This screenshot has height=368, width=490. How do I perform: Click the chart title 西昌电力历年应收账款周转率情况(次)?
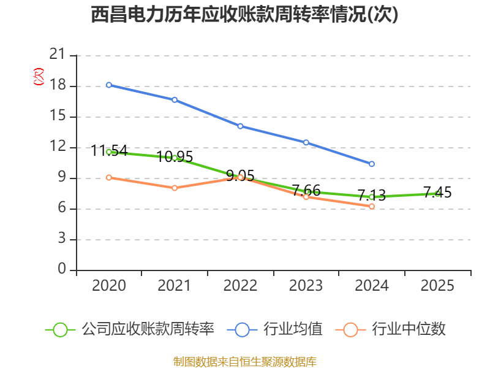coord(244,15)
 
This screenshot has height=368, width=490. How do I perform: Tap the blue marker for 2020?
coord(109,85)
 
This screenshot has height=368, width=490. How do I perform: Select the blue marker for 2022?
coord(240,126)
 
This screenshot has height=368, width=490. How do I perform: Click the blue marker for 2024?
coord(372,164)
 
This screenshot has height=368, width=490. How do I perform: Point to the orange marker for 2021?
coord(175,188)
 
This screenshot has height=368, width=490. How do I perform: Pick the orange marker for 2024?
coord(372,207)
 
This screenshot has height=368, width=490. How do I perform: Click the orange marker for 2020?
coord(109,177)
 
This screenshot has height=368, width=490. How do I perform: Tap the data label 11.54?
coord(110,150)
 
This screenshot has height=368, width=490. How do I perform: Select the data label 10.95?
coord(175,156)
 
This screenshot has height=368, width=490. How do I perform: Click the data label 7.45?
coord(437,192)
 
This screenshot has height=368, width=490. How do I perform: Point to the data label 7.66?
coord(306,190)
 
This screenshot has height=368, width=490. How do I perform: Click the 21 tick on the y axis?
coord(57,55)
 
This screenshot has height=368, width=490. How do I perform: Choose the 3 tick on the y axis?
coord(62,239)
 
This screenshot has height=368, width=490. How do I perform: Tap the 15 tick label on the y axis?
coord(58,116)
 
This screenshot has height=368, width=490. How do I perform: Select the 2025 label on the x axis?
coord(437,285)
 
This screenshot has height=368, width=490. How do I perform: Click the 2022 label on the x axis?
coord(240,285)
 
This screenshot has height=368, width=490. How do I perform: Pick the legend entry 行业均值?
coord(275,329)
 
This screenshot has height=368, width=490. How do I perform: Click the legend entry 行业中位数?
coord(391,329)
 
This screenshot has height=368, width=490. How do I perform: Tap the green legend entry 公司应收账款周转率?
coord(130,329)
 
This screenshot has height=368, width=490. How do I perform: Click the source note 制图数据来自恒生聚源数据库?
coord(245,362)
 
